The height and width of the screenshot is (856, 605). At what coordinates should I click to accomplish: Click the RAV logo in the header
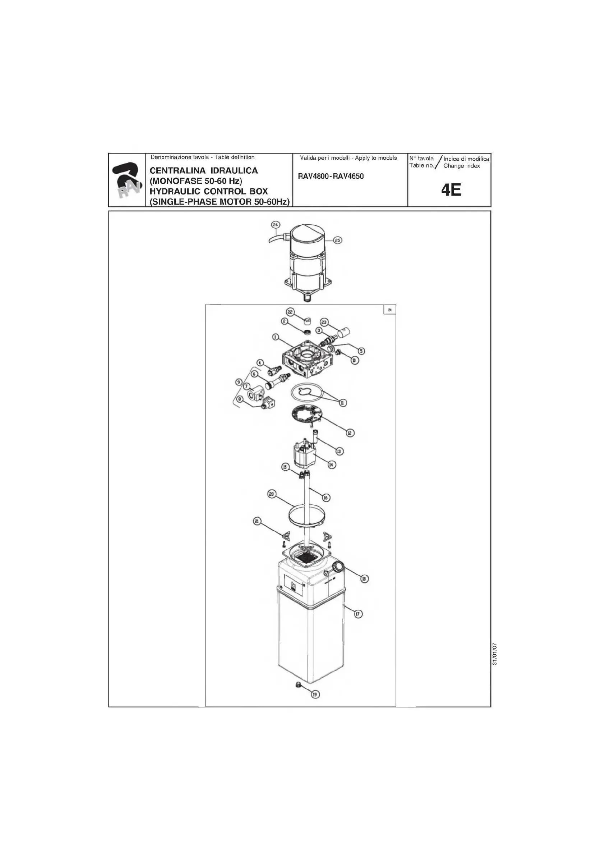[x=127, y=180]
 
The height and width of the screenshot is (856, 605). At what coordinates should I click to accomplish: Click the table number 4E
[x=451, y=191]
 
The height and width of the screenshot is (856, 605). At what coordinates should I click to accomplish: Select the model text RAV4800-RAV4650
[x=331, y=177]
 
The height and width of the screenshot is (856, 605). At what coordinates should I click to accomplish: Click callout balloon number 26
[x=275, y=225]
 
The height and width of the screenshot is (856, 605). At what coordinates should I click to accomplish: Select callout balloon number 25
[x=337, y=241]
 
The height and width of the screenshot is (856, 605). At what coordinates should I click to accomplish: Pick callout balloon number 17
[x=357, y=614]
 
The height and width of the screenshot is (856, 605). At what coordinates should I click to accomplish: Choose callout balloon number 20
[x=272, y=494]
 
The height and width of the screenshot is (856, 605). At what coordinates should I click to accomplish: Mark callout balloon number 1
[x=275, y=337]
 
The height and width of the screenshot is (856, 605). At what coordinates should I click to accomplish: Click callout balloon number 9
[x=239, y=382]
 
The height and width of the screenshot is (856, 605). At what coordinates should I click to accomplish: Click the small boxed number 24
[x=390, y=310]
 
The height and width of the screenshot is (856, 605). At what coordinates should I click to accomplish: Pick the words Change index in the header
[x=461, y=166]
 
